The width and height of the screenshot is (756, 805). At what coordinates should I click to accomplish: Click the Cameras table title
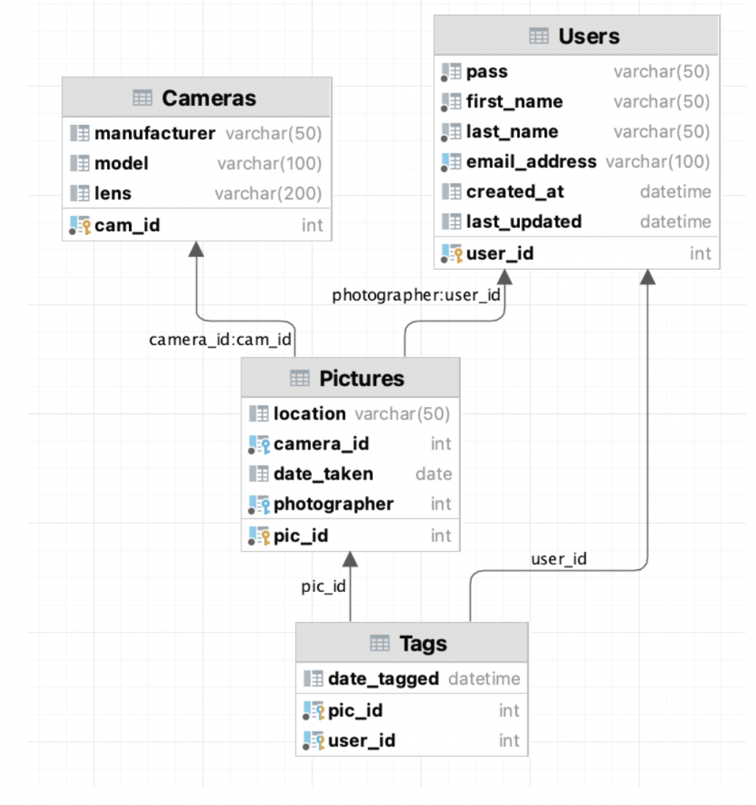(208, 98)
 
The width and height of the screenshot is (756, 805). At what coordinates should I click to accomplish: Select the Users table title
(588, 36)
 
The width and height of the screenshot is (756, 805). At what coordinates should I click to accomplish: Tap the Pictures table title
(361, 378)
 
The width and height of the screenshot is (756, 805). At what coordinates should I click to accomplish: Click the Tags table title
(422, 643)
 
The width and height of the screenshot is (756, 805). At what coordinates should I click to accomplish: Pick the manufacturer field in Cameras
(154, 133)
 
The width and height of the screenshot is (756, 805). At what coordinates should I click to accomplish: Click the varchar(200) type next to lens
(268, 193)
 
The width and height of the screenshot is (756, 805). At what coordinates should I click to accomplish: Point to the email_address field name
(531, 162)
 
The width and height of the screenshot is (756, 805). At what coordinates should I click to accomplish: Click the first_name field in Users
(514, 101)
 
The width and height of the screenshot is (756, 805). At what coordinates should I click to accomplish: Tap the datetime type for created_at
(675, 192)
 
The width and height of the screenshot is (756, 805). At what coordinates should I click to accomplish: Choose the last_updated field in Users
(523, 222)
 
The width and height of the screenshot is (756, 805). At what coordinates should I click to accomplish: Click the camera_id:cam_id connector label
(220, 340)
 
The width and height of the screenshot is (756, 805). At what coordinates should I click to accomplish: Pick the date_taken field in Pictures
(323, 474)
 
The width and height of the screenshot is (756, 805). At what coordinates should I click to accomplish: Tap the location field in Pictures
(309, 414)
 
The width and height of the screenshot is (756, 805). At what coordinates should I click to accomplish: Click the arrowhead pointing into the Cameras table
(196, 248)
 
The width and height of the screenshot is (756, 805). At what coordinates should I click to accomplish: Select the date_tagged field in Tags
(383, 678)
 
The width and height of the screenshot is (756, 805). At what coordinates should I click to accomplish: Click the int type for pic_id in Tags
(508, 711)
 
